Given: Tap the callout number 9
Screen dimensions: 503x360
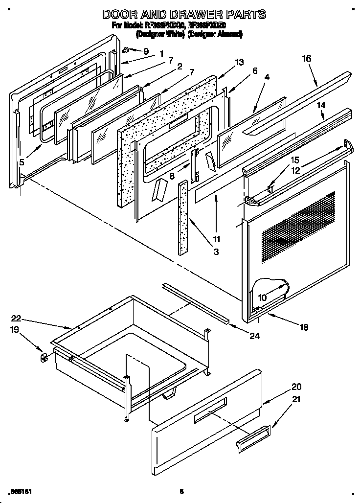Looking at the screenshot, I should [146, 50].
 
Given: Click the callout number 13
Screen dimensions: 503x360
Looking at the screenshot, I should [239, 62].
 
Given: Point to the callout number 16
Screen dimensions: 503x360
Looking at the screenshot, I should [306, 58].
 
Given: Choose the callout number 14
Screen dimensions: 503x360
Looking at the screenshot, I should [321, 105].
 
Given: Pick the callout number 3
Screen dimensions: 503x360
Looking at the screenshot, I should [216, 252].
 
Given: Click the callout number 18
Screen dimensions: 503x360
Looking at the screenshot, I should [304, 328].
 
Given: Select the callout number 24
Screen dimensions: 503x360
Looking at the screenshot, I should [254, 336].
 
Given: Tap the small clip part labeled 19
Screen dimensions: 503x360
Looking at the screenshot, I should [43, 357].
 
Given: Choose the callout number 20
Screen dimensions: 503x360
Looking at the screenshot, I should [296, 386].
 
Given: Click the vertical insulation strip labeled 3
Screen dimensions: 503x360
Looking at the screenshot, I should [183, 218].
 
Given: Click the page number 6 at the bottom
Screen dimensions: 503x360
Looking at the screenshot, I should [181, 491].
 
